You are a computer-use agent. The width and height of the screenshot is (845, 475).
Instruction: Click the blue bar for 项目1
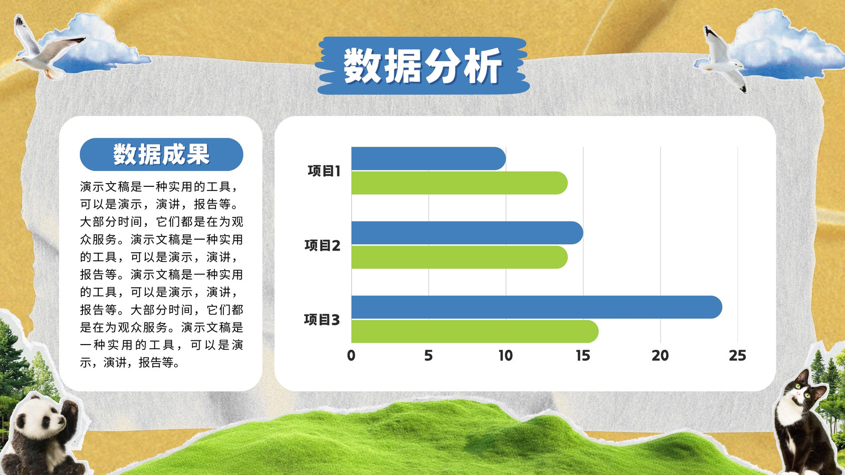428,158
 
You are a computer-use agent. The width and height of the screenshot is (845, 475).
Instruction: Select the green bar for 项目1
459,183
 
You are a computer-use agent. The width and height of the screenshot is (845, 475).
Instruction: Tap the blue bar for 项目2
467,233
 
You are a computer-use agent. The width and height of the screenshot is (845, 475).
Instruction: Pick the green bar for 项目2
459,257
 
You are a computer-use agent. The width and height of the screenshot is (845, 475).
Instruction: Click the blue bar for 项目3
537,307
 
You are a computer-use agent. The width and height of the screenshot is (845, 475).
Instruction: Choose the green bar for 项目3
475,331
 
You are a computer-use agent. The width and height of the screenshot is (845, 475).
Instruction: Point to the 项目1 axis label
324,171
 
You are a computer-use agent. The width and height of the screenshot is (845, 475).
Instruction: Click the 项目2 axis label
323,245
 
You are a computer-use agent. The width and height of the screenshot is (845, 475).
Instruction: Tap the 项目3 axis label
322,320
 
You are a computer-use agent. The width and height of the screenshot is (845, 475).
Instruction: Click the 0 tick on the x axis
351,356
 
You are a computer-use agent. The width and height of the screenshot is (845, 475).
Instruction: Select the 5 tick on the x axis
428,356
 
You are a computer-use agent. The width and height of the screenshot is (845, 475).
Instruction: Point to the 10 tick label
506,356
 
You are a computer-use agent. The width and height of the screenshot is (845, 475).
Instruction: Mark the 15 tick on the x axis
583,356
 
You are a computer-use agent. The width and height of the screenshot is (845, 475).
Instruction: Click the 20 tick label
660,356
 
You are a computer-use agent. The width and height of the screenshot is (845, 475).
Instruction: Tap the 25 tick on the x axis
737,356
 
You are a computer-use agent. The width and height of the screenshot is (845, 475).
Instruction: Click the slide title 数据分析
422,65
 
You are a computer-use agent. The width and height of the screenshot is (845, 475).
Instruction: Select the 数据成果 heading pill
162,154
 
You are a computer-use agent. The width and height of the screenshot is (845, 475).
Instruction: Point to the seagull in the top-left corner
46,47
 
